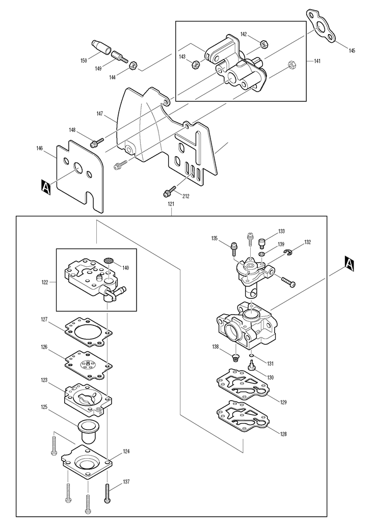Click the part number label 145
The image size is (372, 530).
point(352,51)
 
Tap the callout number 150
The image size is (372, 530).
point(84,61)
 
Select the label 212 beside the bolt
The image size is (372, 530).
point(185,196)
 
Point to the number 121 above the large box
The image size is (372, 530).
point(171,204)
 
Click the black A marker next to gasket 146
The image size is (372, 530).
point(46,187)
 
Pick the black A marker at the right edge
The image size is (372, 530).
point(350,263)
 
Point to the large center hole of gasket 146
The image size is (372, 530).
point(78,168)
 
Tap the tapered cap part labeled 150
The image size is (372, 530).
point(101,47)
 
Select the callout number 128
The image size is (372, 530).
point(283,434)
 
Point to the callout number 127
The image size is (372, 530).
point(44,319)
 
